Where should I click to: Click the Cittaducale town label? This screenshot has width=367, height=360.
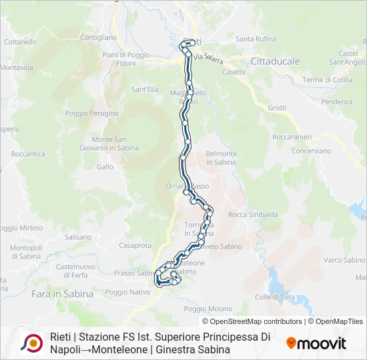tap(275, 61)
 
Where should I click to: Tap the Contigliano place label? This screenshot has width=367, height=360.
tap(99, 38)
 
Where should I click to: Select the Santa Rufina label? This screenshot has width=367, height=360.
tap(256, 39)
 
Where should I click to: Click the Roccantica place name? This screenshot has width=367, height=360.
tap(28, 153)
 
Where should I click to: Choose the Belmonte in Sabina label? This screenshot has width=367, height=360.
tap(222, 158)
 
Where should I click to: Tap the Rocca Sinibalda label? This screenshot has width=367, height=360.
tap(253, 215)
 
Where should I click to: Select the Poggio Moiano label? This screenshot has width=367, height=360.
tap(208, 309)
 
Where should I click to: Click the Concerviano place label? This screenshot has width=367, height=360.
tap(311, 151)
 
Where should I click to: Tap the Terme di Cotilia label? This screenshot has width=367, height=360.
tap(327, 80)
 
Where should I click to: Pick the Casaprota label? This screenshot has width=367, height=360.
tap(135, 245)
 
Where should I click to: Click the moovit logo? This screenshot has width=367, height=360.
tap(316, 343)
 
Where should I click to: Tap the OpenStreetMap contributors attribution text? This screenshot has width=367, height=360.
tap(252, 321)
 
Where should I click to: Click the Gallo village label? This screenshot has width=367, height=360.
tap(105, 167)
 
